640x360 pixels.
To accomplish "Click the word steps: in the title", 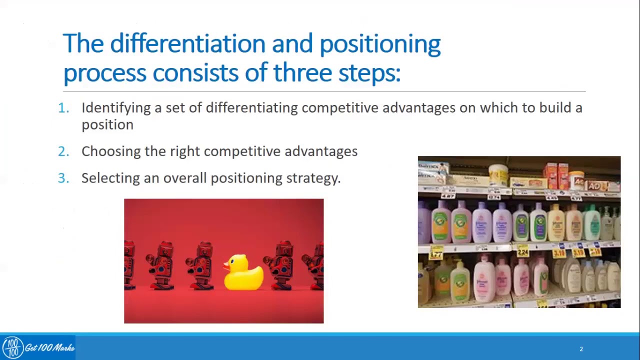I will point(369,73).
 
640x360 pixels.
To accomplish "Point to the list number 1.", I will point(63,108).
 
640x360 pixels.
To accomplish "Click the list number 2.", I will point(63,151).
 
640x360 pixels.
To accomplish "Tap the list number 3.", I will point(63,178).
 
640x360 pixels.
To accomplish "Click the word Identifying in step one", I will point(116,108).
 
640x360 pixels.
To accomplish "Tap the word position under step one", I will point(107,125).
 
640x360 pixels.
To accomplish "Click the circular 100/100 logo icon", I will point(12,347).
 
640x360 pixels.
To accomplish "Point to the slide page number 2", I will point(581,349).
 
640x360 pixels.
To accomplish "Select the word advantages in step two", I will point(320,151).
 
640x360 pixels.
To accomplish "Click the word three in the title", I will point(302,73).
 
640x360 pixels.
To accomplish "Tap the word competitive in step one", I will point(339,108).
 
